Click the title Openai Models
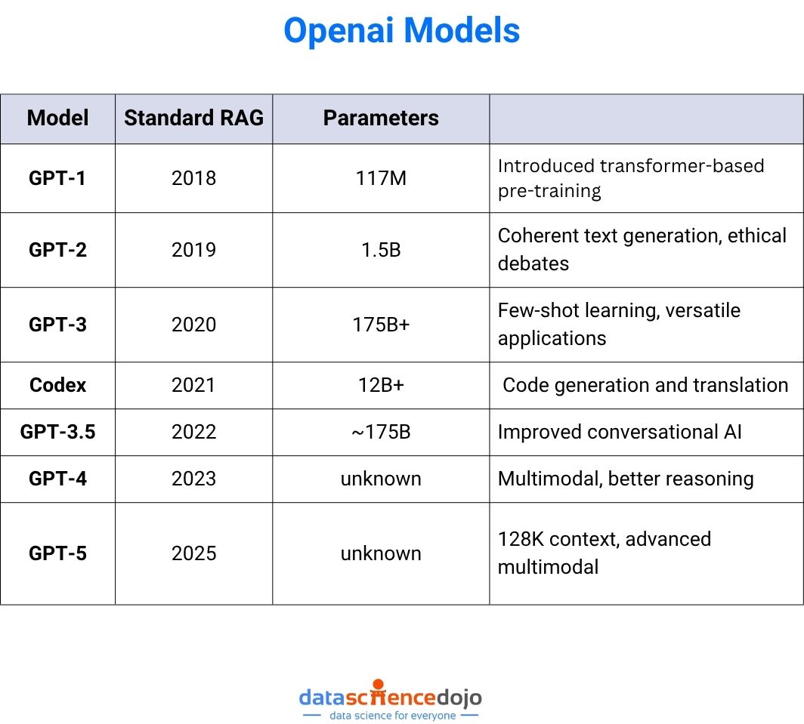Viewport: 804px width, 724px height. pos(401,31)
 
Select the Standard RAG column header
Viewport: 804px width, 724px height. pos(193,118)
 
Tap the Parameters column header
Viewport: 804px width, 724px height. pos(381,118)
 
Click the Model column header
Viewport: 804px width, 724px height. pos(57,118)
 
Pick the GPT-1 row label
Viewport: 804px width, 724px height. pos(57,178)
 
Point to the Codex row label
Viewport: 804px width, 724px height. pos(57,385)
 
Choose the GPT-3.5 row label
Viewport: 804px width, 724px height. pos(57,432)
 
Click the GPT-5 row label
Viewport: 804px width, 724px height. pos(57,553)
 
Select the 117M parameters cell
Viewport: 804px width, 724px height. pos(381,178)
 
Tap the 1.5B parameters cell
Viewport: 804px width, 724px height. pos(381,250)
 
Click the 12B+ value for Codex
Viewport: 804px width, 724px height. pos(381,385)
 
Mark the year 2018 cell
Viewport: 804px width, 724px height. pos(193,178)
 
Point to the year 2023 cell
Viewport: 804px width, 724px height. pos(193,479)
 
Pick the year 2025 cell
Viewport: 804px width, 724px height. pos(193,553)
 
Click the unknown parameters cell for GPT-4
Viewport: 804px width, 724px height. pos(381,479)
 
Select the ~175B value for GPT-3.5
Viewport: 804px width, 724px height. pos(381,432)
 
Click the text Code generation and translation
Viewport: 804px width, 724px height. pos(645,385)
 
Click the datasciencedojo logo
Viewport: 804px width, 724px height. pos(390,701)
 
